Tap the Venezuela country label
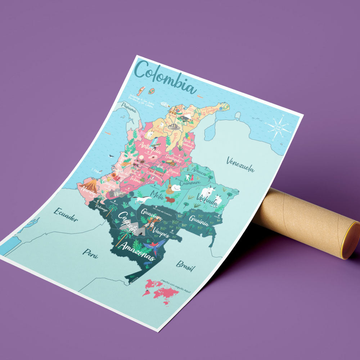coord(240,165)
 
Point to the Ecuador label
coord(66,214)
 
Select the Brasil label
coord(186,266)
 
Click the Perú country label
coord(90,252)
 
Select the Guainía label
coord(199,221)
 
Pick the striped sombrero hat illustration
coord(174,127)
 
